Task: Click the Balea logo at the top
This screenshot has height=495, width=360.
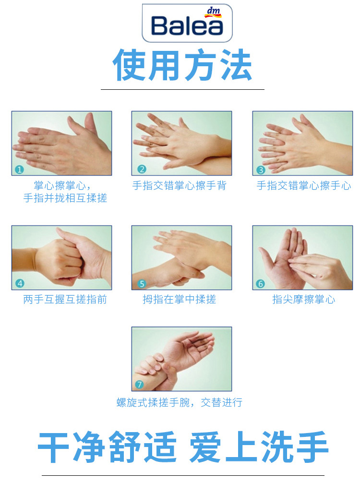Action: coord(187,23)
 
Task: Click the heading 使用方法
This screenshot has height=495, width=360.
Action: coord(182,65)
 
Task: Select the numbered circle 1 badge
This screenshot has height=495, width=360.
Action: coord(19,169)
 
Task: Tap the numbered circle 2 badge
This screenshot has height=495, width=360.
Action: coord(142,169)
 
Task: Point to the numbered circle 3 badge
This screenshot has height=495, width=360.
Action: coord(261,170)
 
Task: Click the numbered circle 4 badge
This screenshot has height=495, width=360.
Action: coord(20,283)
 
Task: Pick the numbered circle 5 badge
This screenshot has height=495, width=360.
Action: coord(142,284)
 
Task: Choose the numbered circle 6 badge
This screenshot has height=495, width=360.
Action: coord(260,284)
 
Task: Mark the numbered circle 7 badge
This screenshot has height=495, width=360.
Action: coord(139,384)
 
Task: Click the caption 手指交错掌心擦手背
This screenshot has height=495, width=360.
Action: coord(179,185)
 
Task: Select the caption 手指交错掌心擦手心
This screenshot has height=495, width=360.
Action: coord(303,185)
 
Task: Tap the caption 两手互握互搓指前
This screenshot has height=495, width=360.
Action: coord(65,299)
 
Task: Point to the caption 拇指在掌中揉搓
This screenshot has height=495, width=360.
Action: coord(179,299)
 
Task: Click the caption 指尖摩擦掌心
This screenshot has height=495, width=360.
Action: coord(303,299)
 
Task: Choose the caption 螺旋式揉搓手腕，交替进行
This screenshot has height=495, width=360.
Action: coord(179,402)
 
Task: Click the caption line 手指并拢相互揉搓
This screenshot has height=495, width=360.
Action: coord(65,198)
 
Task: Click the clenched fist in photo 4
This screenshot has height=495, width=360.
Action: coord(60,260)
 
